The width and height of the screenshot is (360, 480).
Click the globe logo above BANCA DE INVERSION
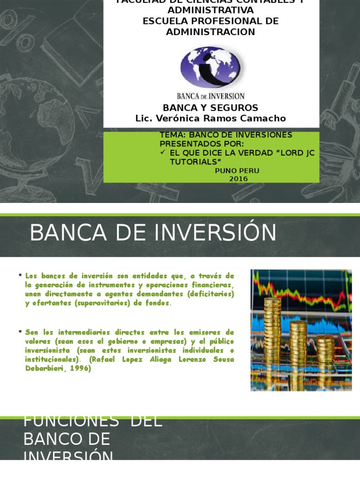coord(210,67)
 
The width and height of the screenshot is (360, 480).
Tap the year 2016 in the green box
coord(238,179)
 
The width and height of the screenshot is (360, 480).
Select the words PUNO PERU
coord(237,171)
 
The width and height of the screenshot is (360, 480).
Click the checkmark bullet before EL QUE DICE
coord(163,153)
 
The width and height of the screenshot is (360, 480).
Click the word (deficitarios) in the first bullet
coord(210,294)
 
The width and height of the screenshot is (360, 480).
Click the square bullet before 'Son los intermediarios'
coord(20,331)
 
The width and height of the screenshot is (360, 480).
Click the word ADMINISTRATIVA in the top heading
coord(210,10)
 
